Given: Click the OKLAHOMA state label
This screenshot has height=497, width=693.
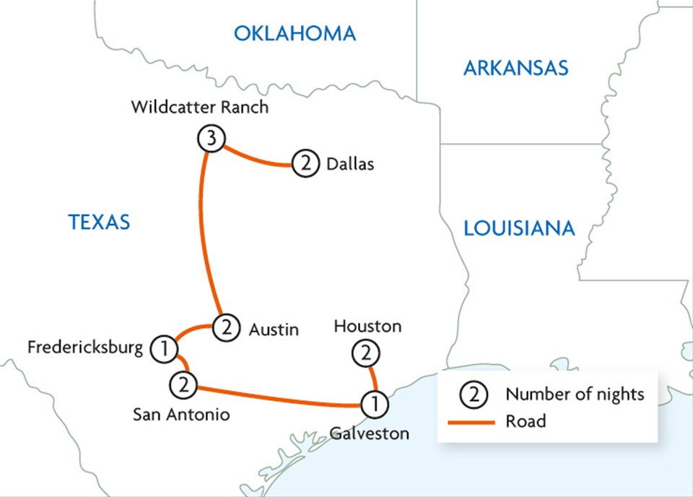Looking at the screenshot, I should pos(295,33).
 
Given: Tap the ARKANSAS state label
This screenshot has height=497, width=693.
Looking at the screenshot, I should pos(515,69).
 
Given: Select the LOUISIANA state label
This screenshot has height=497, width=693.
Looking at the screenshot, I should pos(519,228).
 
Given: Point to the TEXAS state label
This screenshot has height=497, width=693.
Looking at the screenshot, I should pos(100,222).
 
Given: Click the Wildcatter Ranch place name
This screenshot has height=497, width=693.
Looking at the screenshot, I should pos(200,108).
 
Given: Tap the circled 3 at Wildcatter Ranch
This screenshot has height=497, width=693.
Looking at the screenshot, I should pos(210,139).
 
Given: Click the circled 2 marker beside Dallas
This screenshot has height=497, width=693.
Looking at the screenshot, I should pos(305,165).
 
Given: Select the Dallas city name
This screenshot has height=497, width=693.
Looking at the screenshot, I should pos(350,165).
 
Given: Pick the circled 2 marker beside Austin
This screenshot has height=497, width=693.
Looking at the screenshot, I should pos(226,329).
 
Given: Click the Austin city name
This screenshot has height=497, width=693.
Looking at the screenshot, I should pos(274,329).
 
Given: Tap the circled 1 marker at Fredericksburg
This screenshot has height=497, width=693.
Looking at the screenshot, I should pos(164,349).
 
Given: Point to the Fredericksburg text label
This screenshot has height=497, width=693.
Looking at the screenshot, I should pos(85,348).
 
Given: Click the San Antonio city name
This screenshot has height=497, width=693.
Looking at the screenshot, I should pos(182,415).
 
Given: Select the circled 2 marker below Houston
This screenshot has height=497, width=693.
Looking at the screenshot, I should pos(365,354).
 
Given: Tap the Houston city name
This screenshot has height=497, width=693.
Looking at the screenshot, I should pos(367,327).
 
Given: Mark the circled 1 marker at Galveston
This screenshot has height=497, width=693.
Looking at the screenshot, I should pos(374,405).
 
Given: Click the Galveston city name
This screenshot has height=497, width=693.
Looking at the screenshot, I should pos(370,434).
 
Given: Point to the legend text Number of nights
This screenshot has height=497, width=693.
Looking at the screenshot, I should pos(575,394).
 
